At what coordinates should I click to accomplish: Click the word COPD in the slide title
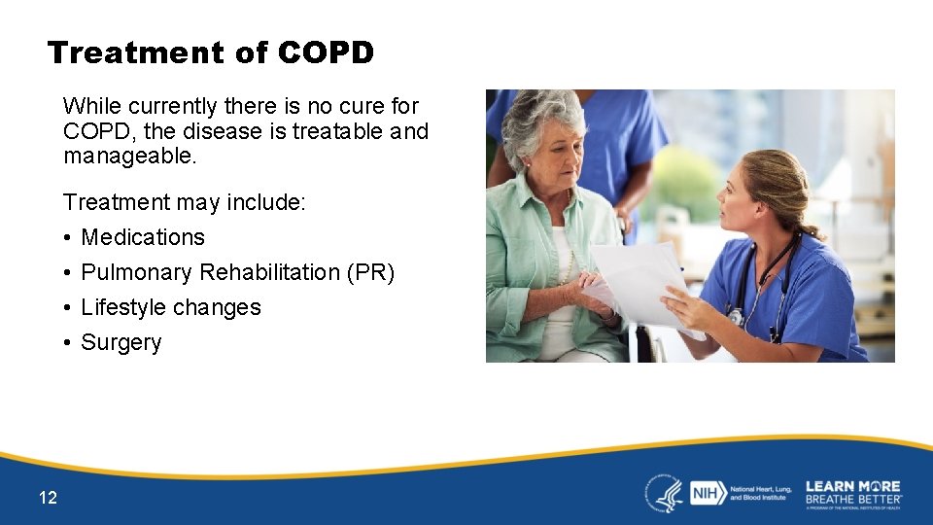click(x=325, y=52)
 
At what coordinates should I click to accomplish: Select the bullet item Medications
click(x=143, y=237)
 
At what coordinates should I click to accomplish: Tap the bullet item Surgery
click(x=121, y=342)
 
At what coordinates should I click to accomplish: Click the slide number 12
click(x=48, y=498)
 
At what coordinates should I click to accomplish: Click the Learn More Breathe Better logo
click(x=852, y=493)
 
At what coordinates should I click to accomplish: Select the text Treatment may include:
click(x=185, y=202)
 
